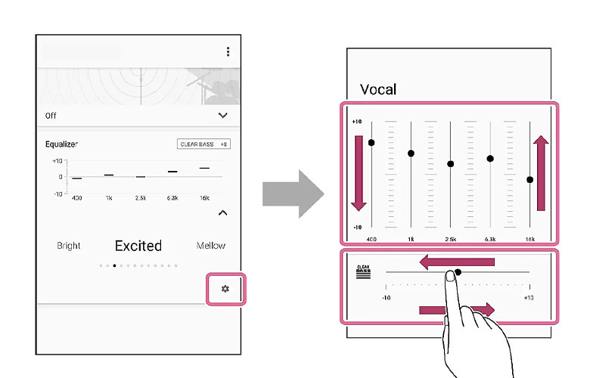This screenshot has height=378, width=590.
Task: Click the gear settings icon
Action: point(225,290)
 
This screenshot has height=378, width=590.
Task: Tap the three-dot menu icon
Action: point(228,51)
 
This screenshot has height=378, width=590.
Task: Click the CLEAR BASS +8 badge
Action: point(204,144)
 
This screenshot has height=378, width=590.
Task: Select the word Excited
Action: point(138,246)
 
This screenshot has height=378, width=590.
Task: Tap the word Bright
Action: point(69,246)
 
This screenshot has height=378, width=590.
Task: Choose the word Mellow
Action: point(210,246)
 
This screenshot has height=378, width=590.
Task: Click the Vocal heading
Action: point(378,89)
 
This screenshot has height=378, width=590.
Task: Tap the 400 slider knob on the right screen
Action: point(371,142)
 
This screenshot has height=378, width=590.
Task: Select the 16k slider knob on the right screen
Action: point(529,179)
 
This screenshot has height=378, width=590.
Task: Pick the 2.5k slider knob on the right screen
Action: point(451,163)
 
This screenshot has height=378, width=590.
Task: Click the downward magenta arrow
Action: point(359,172)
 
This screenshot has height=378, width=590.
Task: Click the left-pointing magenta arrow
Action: point(457,262)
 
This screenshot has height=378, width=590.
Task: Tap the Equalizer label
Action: point(62,144)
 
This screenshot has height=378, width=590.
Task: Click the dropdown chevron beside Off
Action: point(223,116)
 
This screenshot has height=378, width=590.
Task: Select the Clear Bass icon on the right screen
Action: point(362,272)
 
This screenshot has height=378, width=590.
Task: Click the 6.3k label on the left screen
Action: point(172,197)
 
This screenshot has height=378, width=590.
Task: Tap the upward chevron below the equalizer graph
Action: point(223,213)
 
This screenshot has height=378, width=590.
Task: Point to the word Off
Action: point(51,116)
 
